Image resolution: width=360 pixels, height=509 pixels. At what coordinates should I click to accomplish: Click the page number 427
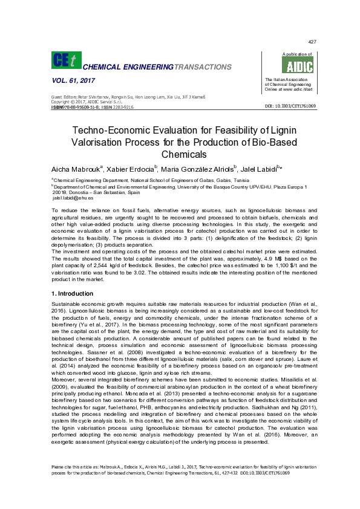312,42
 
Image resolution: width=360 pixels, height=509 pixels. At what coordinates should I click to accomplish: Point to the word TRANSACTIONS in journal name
198,66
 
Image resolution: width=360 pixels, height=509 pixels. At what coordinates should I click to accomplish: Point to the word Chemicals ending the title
180,155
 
